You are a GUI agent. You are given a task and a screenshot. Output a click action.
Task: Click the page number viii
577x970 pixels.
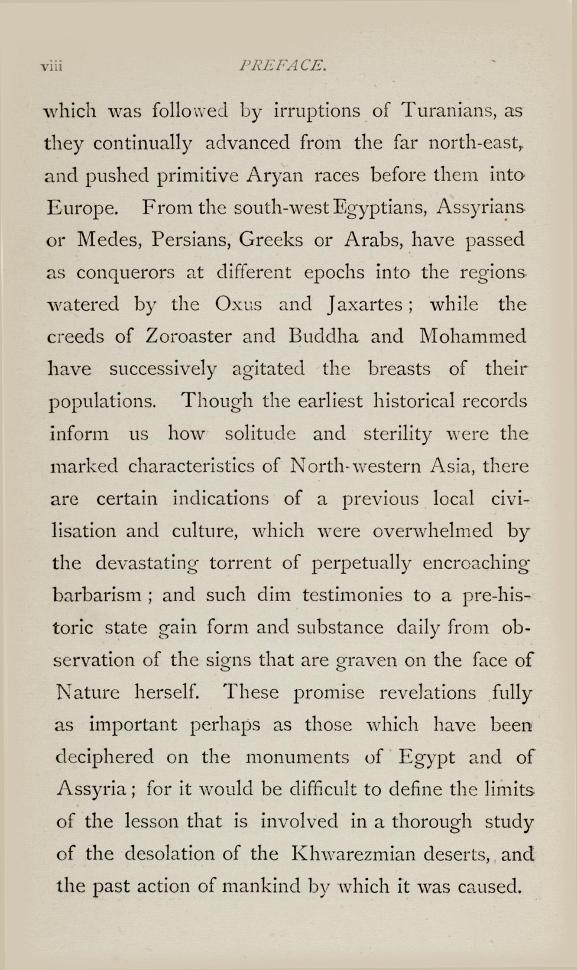pyautogui.click(x=52, y=67)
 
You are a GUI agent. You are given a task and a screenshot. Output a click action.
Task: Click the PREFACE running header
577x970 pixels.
pyautogui.click(x=282, y=65)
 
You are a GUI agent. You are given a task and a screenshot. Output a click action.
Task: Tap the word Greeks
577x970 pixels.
pyautogui.click(x=271, y=240)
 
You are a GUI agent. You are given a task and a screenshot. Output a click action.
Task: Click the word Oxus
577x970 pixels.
pyautogui.click(x=238, y=305)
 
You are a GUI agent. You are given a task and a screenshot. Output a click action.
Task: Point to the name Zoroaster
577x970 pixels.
pyautogui.click(x=188, y=336)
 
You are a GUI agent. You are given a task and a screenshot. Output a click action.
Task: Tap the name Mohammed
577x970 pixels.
pyautogui.click(x=473, y=336)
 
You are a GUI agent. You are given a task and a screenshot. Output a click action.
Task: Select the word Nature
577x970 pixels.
pyautogui.click(x=88, y=692)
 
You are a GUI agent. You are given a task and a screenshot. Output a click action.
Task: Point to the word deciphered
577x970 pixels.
pyautogui.click(x=105, y=757)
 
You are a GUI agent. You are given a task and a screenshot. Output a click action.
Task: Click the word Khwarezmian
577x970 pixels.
pyautogui.click(x=354, y=854)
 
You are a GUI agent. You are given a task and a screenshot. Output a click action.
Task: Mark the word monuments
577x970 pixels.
pyautogui.click(x=297, y=757)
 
